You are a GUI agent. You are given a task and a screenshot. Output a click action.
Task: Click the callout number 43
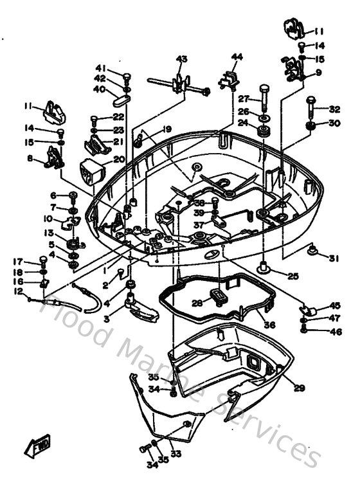pyautogui.click(x=182, y=59)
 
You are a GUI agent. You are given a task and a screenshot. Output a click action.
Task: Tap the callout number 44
pyautogui.click(x=237, y=57)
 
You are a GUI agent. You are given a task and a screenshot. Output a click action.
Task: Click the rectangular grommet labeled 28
pyautogui.click(x=218, y=296)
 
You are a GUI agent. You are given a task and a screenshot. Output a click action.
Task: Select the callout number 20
pyautogui.click(x=118, y=159)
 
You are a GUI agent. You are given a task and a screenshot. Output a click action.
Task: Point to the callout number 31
pyautogui.click(x=333, y=259)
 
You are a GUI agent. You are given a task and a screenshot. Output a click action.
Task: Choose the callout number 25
pyautogui.click(x=292, y=276)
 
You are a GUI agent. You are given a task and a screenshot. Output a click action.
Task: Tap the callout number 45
pyautogui.click(x=334, y=305)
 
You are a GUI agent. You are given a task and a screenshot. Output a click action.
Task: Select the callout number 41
pyautogui.click(x=101, y=68)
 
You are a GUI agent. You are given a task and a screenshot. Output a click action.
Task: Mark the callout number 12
pyautogui.click(x=18, y=291)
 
